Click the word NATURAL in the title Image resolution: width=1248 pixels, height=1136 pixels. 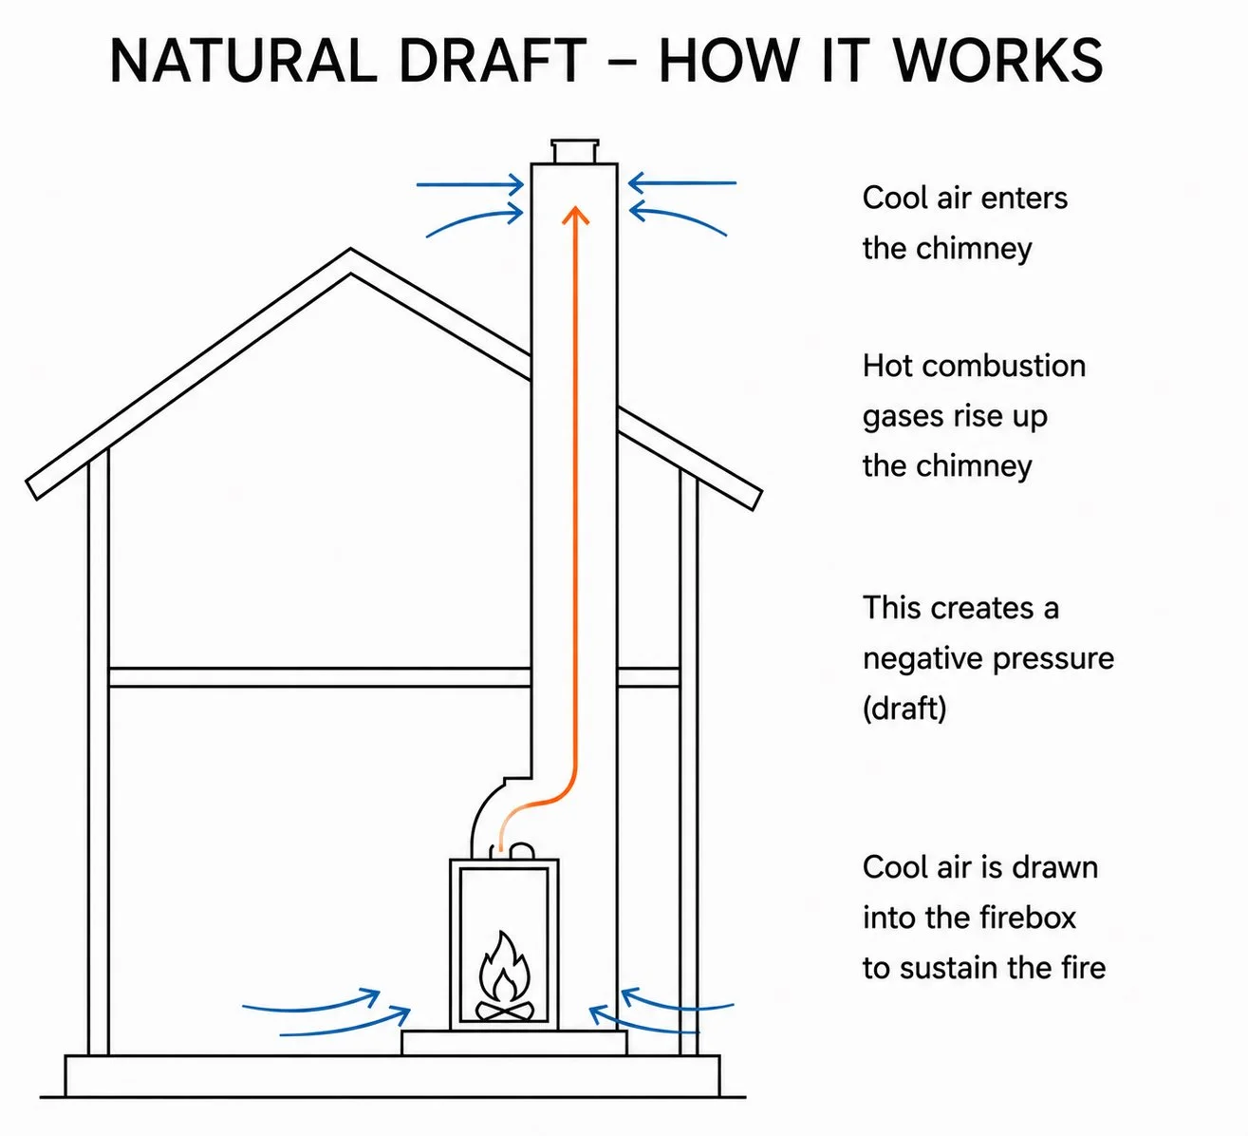(x=244, y=61)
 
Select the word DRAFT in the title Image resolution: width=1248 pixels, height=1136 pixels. (x=493, y=61)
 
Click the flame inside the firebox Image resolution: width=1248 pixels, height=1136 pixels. (x=505, y=965)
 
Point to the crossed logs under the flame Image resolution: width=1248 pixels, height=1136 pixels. (x=505, y=1011)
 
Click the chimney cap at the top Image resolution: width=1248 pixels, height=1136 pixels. (x=575, y=151)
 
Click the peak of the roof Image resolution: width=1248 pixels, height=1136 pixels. (x=351, y=250)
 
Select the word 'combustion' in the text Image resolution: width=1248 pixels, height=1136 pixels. (x=1003, y=367)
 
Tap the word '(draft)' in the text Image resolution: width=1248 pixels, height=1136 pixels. (x=904, y=709)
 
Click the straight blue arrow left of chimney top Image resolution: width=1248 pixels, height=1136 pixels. (x=471, y=185)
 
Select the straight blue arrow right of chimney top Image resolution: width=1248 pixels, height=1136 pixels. (x=682, y=183)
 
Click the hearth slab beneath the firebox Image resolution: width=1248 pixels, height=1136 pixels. (x=513, y=1043)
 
